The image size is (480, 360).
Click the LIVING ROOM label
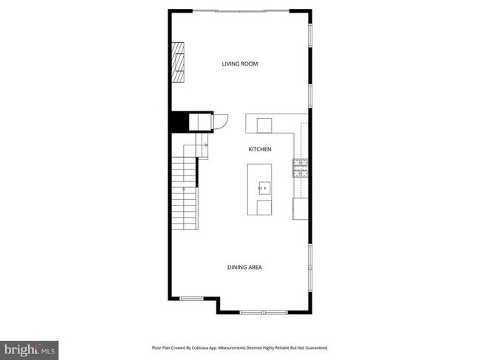[x=240, y=63]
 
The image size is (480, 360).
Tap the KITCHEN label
[x=259, y=149]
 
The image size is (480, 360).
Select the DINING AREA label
[x=244, y=267]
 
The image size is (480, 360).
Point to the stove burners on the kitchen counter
[x=301, y=168]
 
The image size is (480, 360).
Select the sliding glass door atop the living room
[x=242, y=10]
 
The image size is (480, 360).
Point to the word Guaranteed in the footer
[x=315, y=347]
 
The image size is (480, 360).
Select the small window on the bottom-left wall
[x=191, y=298]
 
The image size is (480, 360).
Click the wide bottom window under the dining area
[x=263, y=313]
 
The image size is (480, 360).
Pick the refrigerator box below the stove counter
[x=301, y=209]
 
